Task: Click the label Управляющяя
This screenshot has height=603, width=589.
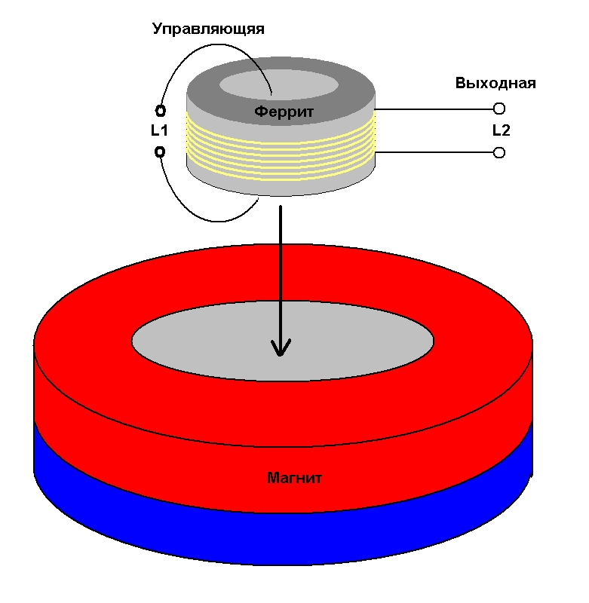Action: (x=208, y=29)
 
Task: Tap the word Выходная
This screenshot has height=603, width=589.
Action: (x=495, y=83)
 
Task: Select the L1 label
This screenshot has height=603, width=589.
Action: (x=159, y=130)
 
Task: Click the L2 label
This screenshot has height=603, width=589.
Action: (x=501, y=130)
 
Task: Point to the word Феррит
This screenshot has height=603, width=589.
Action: (x=283, y=112)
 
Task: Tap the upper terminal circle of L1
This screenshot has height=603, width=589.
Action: (x=160, y=110)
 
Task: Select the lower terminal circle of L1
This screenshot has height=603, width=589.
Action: (x=160, y=152)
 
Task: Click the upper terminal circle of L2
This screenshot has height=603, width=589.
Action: (x=499, y=109)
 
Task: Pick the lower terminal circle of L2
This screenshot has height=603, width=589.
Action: (x=499, y=153)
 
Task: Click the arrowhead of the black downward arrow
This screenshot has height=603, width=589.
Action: (x=281, y=348)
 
